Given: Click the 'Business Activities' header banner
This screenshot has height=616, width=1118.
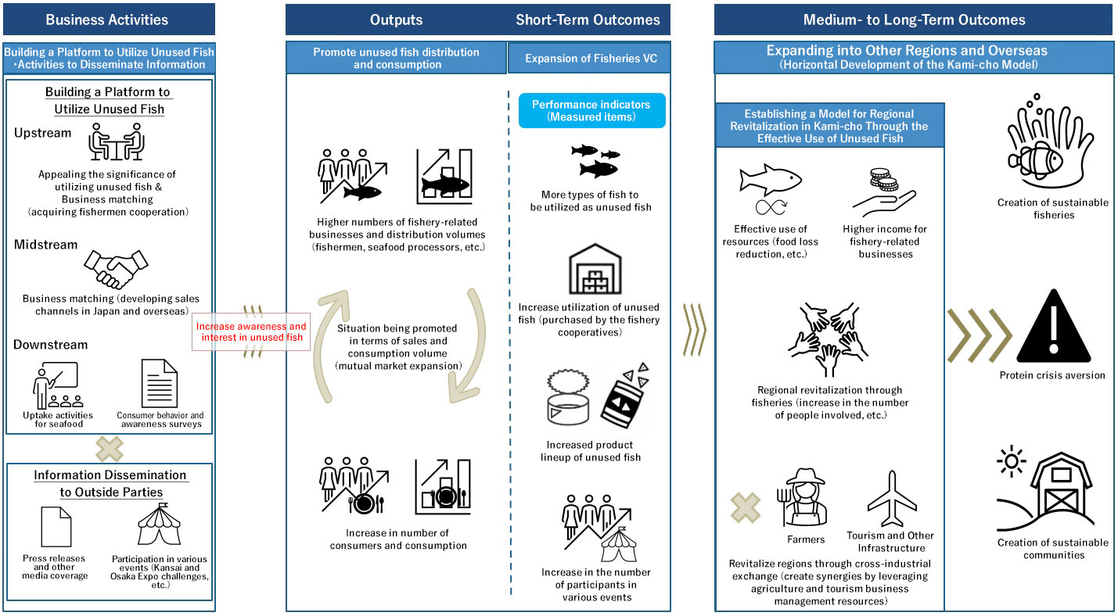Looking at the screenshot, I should pos(108,20).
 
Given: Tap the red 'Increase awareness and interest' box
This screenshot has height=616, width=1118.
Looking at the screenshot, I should pos(251,331).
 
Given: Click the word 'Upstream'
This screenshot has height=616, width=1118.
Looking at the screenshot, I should pos(42,133).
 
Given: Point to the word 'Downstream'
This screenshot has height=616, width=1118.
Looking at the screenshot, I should pos(51,345).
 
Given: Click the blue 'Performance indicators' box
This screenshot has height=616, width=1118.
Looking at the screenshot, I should pos(591,111).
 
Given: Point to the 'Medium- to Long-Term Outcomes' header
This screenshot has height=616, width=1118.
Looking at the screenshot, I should pos(914,20).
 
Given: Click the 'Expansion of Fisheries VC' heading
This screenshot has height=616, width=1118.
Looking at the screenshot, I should pos(591,59).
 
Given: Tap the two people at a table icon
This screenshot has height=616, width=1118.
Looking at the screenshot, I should pos(115,142).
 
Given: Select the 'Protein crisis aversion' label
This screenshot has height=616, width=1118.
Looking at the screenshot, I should pos(1052,375).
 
